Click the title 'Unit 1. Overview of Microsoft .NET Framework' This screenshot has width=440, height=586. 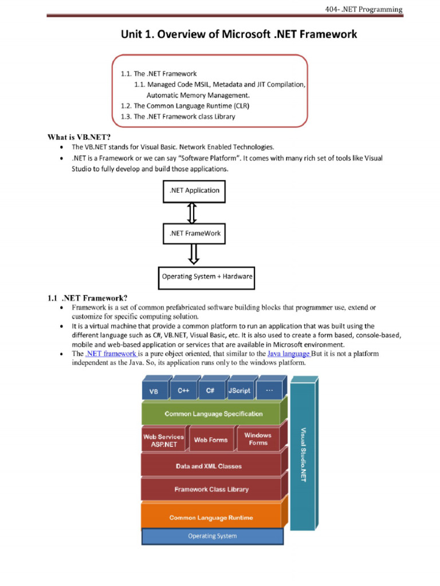[x=238, y=34]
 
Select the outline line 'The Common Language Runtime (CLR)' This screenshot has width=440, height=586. [x=185, y=106]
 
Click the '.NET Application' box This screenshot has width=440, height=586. [x=194, y=191]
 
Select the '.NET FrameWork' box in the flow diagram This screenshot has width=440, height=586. [x=195, y=233]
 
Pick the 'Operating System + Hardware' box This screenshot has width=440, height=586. [x=207, y=276]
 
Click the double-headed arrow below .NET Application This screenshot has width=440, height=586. [x=192, y=212]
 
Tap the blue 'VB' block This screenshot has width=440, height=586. [x=154, y=391]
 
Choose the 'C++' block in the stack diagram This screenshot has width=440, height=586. [x=183, y=390]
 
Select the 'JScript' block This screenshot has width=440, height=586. [x=239, y=390]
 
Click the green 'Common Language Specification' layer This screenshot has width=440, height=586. [x=213, y=414]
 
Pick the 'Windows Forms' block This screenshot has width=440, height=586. [x=258, y=439]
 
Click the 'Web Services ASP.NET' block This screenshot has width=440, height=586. [x=163, y=440]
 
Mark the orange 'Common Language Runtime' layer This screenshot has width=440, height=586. [x=210, y=517]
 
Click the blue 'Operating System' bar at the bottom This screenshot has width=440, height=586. [x=212, y=536]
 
